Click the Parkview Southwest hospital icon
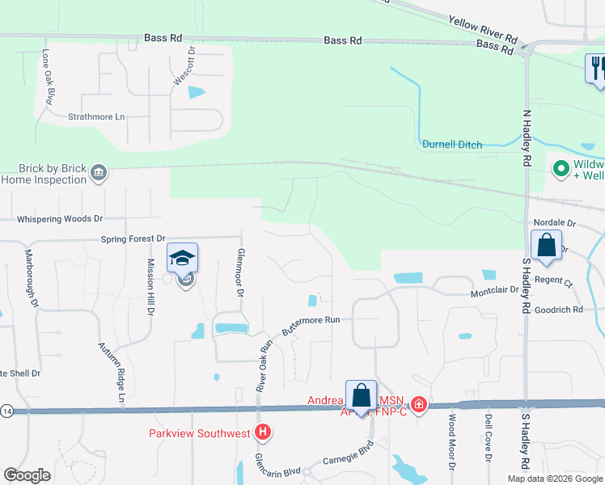pyautogui.click(x=263, y=433)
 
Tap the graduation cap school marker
pyautogui.click(x=183, y=259)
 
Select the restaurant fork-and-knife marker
pyautogui.click(x=597, y=68)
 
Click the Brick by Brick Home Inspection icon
pyautogui.click(x=99, y=173)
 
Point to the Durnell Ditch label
pyautogui.click(x=452, y=145)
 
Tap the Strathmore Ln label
pyautogui.click(x=96, y=117)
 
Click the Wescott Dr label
pyautogui.click(x=192, y=61)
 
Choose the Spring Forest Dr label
pyautogui.click(x=133, y=239)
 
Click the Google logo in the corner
pyautogui.click(x=27, y=475)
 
